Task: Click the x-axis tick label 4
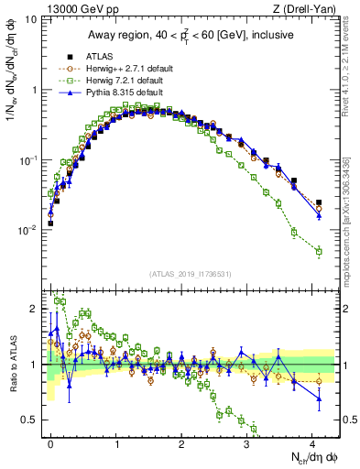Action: (312, 442)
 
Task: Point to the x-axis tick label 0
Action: (50, 442)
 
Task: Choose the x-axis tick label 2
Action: (181, 442)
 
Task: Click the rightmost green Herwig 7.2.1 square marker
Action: (319, 251)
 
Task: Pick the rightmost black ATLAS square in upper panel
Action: (319, 202)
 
